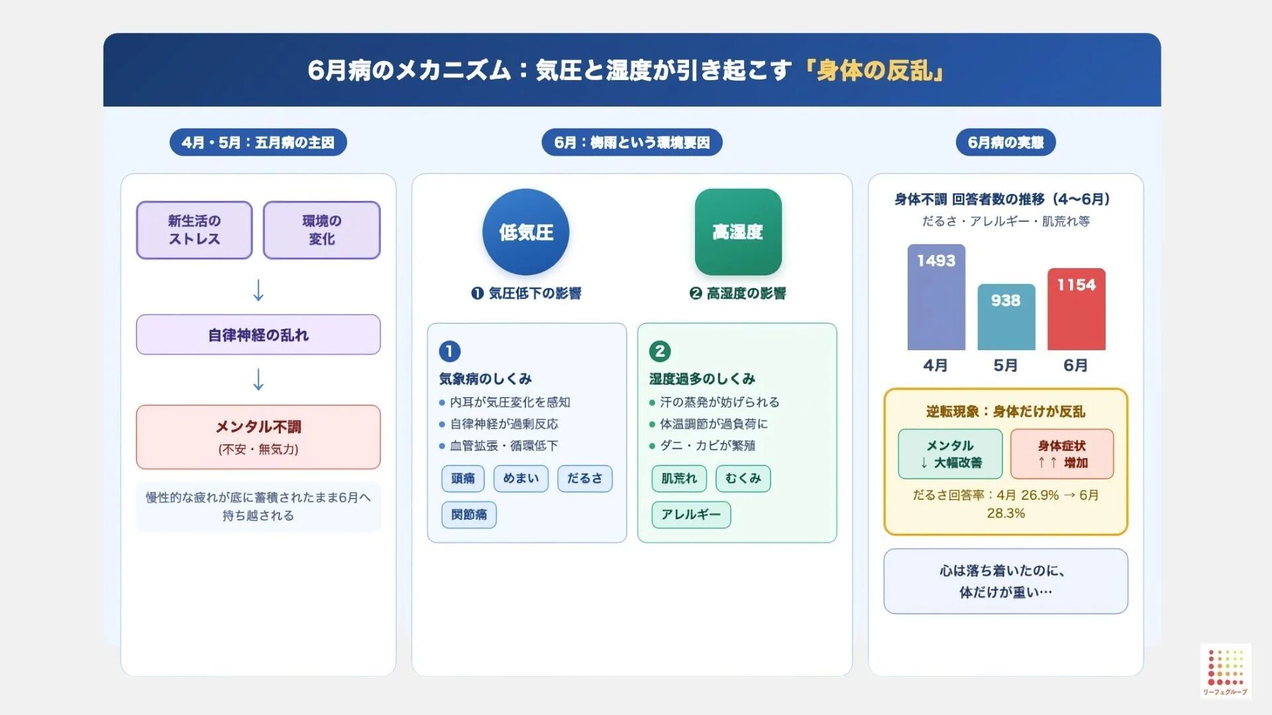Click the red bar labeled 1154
[1076, 309]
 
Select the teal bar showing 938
[1006, 317]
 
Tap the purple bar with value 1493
[936, 297]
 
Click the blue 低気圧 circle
[525, 232]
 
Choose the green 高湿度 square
[738, 232]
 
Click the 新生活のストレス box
[194, 230]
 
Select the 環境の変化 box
[321, 230]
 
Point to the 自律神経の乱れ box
[258, 335]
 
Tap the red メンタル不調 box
[258, 437]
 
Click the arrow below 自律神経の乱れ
[258, 379]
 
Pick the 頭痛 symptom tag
[463, 478]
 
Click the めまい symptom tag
[521, 478]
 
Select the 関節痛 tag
[469, 514]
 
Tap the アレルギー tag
[691, 514]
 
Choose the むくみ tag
[743, 478]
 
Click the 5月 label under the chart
[1006, 365]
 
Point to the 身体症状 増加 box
[1062, 453]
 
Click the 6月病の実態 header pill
[1006, 142]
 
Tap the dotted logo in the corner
[1226, 669]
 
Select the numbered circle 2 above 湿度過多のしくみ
[660, 351]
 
